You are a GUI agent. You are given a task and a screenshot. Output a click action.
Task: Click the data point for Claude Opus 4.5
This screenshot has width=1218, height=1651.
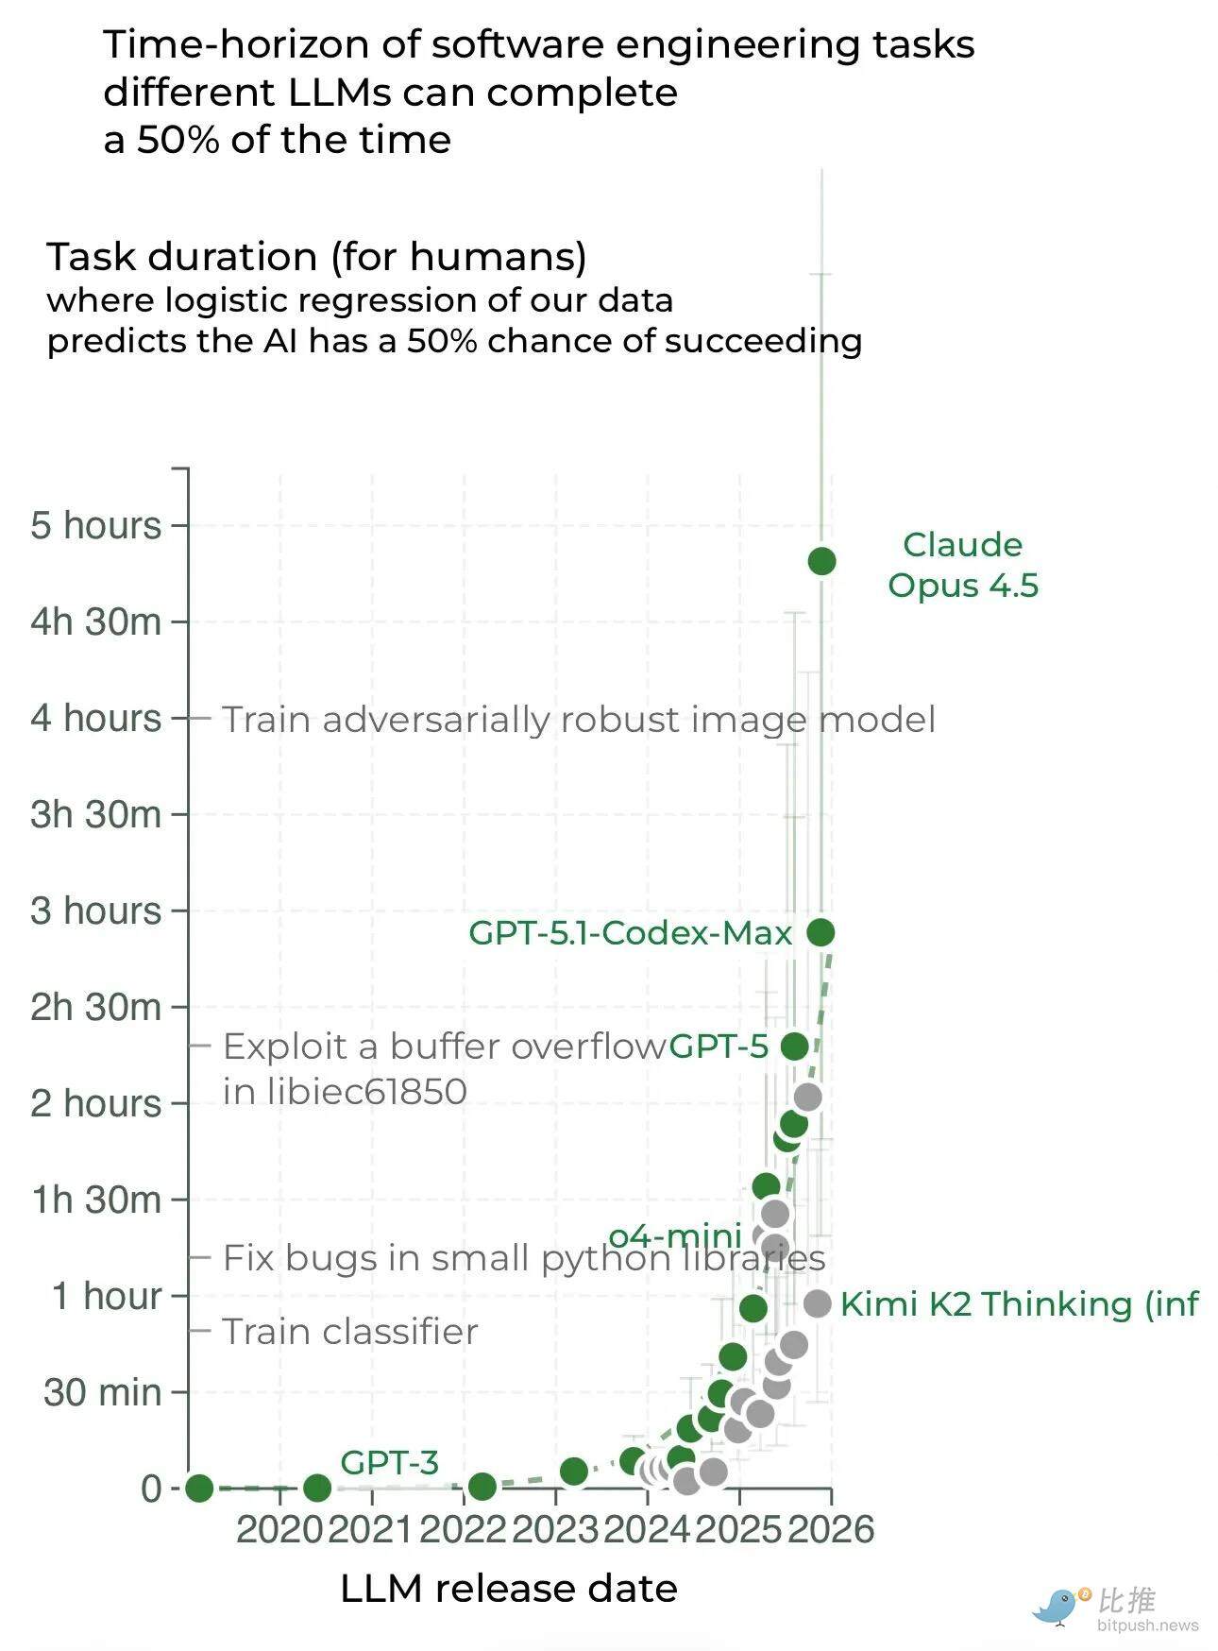(821, 561)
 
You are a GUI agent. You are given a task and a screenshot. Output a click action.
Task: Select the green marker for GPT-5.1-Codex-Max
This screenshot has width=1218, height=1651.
(820, 932)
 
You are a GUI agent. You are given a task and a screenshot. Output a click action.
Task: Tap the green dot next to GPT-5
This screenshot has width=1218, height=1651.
(795, 1046)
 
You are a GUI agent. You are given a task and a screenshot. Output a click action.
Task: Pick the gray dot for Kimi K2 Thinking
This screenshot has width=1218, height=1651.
(817, 1303)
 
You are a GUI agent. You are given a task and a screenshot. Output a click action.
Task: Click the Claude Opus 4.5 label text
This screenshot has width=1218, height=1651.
(962, 565)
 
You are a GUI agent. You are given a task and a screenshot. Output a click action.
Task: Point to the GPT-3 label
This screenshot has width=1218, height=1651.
(389, 1462)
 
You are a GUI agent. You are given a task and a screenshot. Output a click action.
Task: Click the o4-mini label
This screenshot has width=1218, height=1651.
(674, 1235)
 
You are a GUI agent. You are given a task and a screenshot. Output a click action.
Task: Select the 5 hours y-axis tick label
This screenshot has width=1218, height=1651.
(95, 525)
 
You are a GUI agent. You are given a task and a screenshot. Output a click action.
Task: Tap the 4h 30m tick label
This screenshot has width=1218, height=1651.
(95, 621)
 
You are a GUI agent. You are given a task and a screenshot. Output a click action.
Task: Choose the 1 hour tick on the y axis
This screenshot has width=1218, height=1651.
(106, 1296)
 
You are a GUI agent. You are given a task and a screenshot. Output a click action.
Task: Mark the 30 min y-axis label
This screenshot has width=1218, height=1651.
(102, 1392)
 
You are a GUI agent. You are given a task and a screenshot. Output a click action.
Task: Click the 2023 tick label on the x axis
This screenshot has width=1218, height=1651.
(555, 1529)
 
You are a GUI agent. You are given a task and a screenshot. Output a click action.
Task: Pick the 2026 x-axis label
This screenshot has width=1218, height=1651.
(831, 1529)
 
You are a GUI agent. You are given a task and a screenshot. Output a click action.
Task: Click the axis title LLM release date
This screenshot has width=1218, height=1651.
(508, 1589)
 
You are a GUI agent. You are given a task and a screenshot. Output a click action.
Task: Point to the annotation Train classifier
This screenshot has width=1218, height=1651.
(349, 1332)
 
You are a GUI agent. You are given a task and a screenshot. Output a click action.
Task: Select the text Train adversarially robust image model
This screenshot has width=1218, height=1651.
(578, 720)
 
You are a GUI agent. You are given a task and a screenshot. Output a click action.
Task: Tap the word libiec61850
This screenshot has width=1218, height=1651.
(345, 1092)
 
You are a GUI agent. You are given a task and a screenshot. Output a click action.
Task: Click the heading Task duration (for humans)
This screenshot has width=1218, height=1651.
(316, 257)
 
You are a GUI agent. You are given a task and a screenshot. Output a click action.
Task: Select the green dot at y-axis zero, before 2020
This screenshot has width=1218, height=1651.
(198, 1489)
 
